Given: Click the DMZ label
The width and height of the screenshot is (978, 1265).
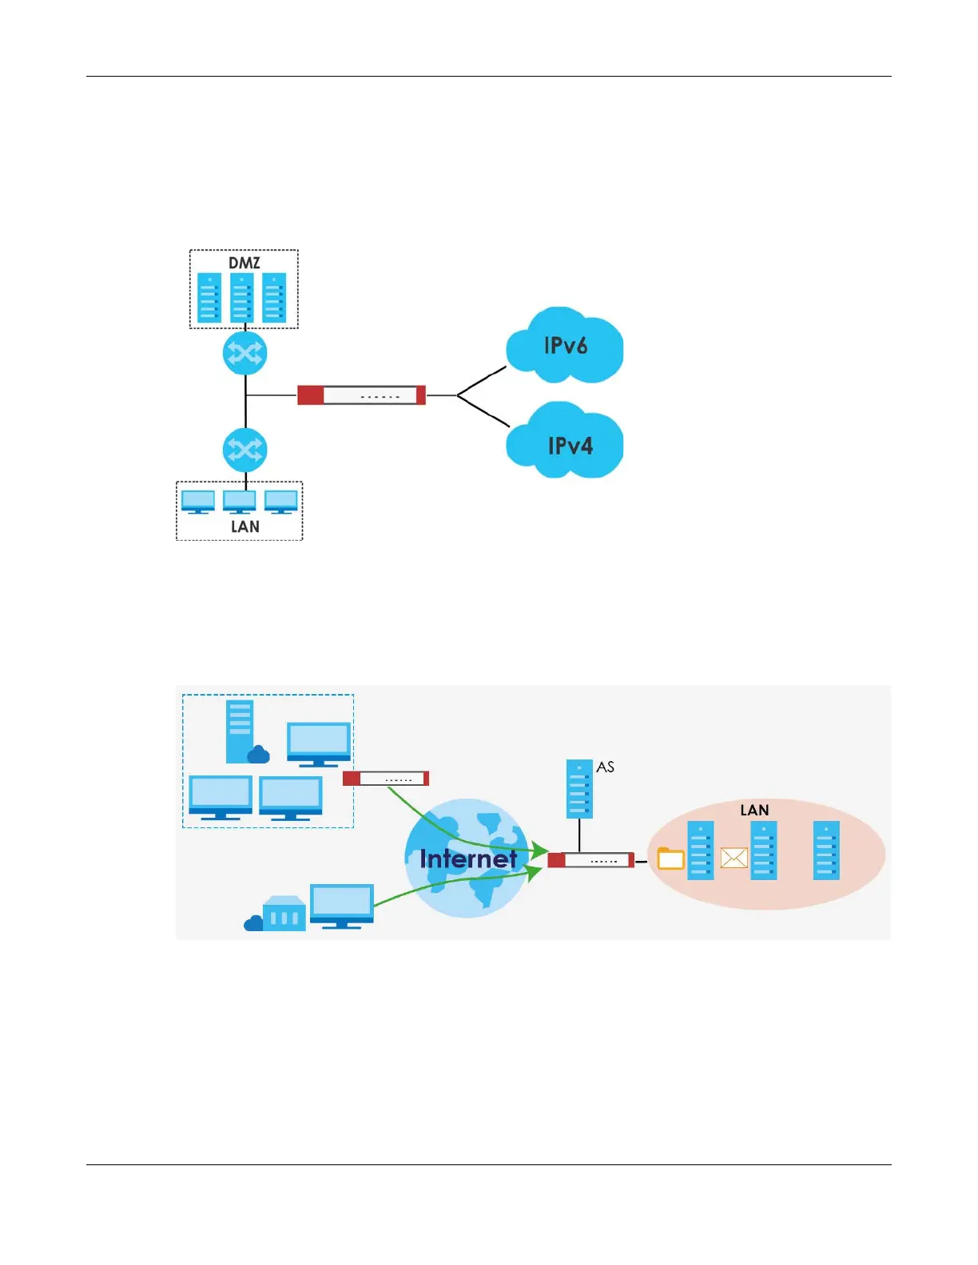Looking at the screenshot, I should click(x=244, y=263).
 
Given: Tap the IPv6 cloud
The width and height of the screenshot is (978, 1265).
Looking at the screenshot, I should click(x=565, y=346).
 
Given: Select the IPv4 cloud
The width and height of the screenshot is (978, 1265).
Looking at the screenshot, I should click(x=568, y=445).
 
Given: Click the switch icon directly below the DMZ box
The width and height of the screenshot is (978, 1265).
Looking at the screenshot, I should click(x=245, y=353).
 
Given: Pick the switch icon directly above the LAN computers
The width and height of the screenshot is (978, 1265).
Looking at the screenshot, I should click(x=245, y=450).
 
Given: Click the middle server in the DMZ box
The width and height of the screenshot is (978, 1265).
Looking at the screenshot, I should click(x=242, y=298).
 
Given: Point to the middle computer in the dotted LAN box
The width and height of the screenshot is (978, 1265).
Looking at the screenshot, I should click(x=240, y=502).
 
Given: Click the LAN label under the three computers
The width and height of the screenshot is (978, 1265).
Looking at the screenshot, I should click(x=245, y=526).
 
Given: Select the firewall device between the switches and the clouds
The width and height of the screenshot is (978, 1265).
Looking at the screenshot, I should click(x=361, y=395).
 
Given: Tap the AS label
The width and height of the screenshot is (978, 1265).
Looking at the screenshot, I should click(x=605, y=767).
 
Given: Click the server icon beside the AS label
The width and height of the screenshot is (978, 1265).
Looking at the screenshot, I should click(x=579, y=789).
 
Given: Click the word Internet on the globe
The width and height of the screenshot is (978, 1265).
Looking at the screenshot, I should click(x=468, y=859).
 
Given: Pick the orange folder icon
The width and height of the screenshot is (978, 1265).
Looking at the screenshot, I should click(x=670, y=859).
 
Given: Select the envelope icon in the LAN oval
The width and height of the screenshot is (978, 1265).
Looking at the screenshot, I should click(x=733, y=859).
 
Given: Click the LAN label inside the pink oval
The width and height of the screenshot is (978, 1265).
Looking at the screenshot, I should click(x=754, y=810).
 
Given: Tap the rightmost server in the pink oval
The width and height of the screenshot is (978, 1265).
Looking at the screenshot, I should click(x=826, y=851).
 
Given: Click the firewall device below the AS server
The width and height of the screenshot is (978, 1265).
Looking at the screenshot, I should click(x=590, y=860).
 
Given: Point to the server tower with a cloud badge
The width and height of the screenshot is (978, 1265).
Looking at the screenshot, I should click(x=242, y=732).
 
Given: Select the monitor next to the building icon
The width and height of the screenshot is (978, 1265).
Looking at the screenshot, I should click(x=341, y=906).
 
